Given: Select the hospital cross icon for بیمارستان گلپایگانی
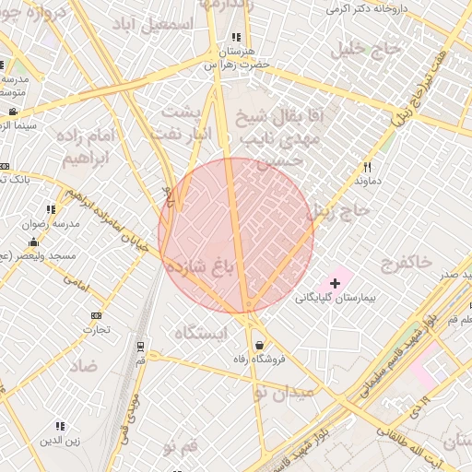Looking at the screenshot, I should pos(335,282).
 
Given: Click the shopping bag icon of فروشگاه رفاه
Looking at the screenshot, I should pos(259,345).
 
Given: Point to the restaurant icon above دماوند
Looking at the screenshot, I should pos(367,167).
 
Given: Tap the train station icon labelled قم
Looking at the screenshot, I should pos(140,346).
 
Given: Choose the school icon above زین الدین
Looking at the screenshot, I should pos(60,426).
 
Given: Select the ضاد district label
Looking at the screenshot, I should pos(83,365).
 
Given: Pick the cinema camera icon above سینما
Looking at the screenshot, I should pos(13,112).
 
